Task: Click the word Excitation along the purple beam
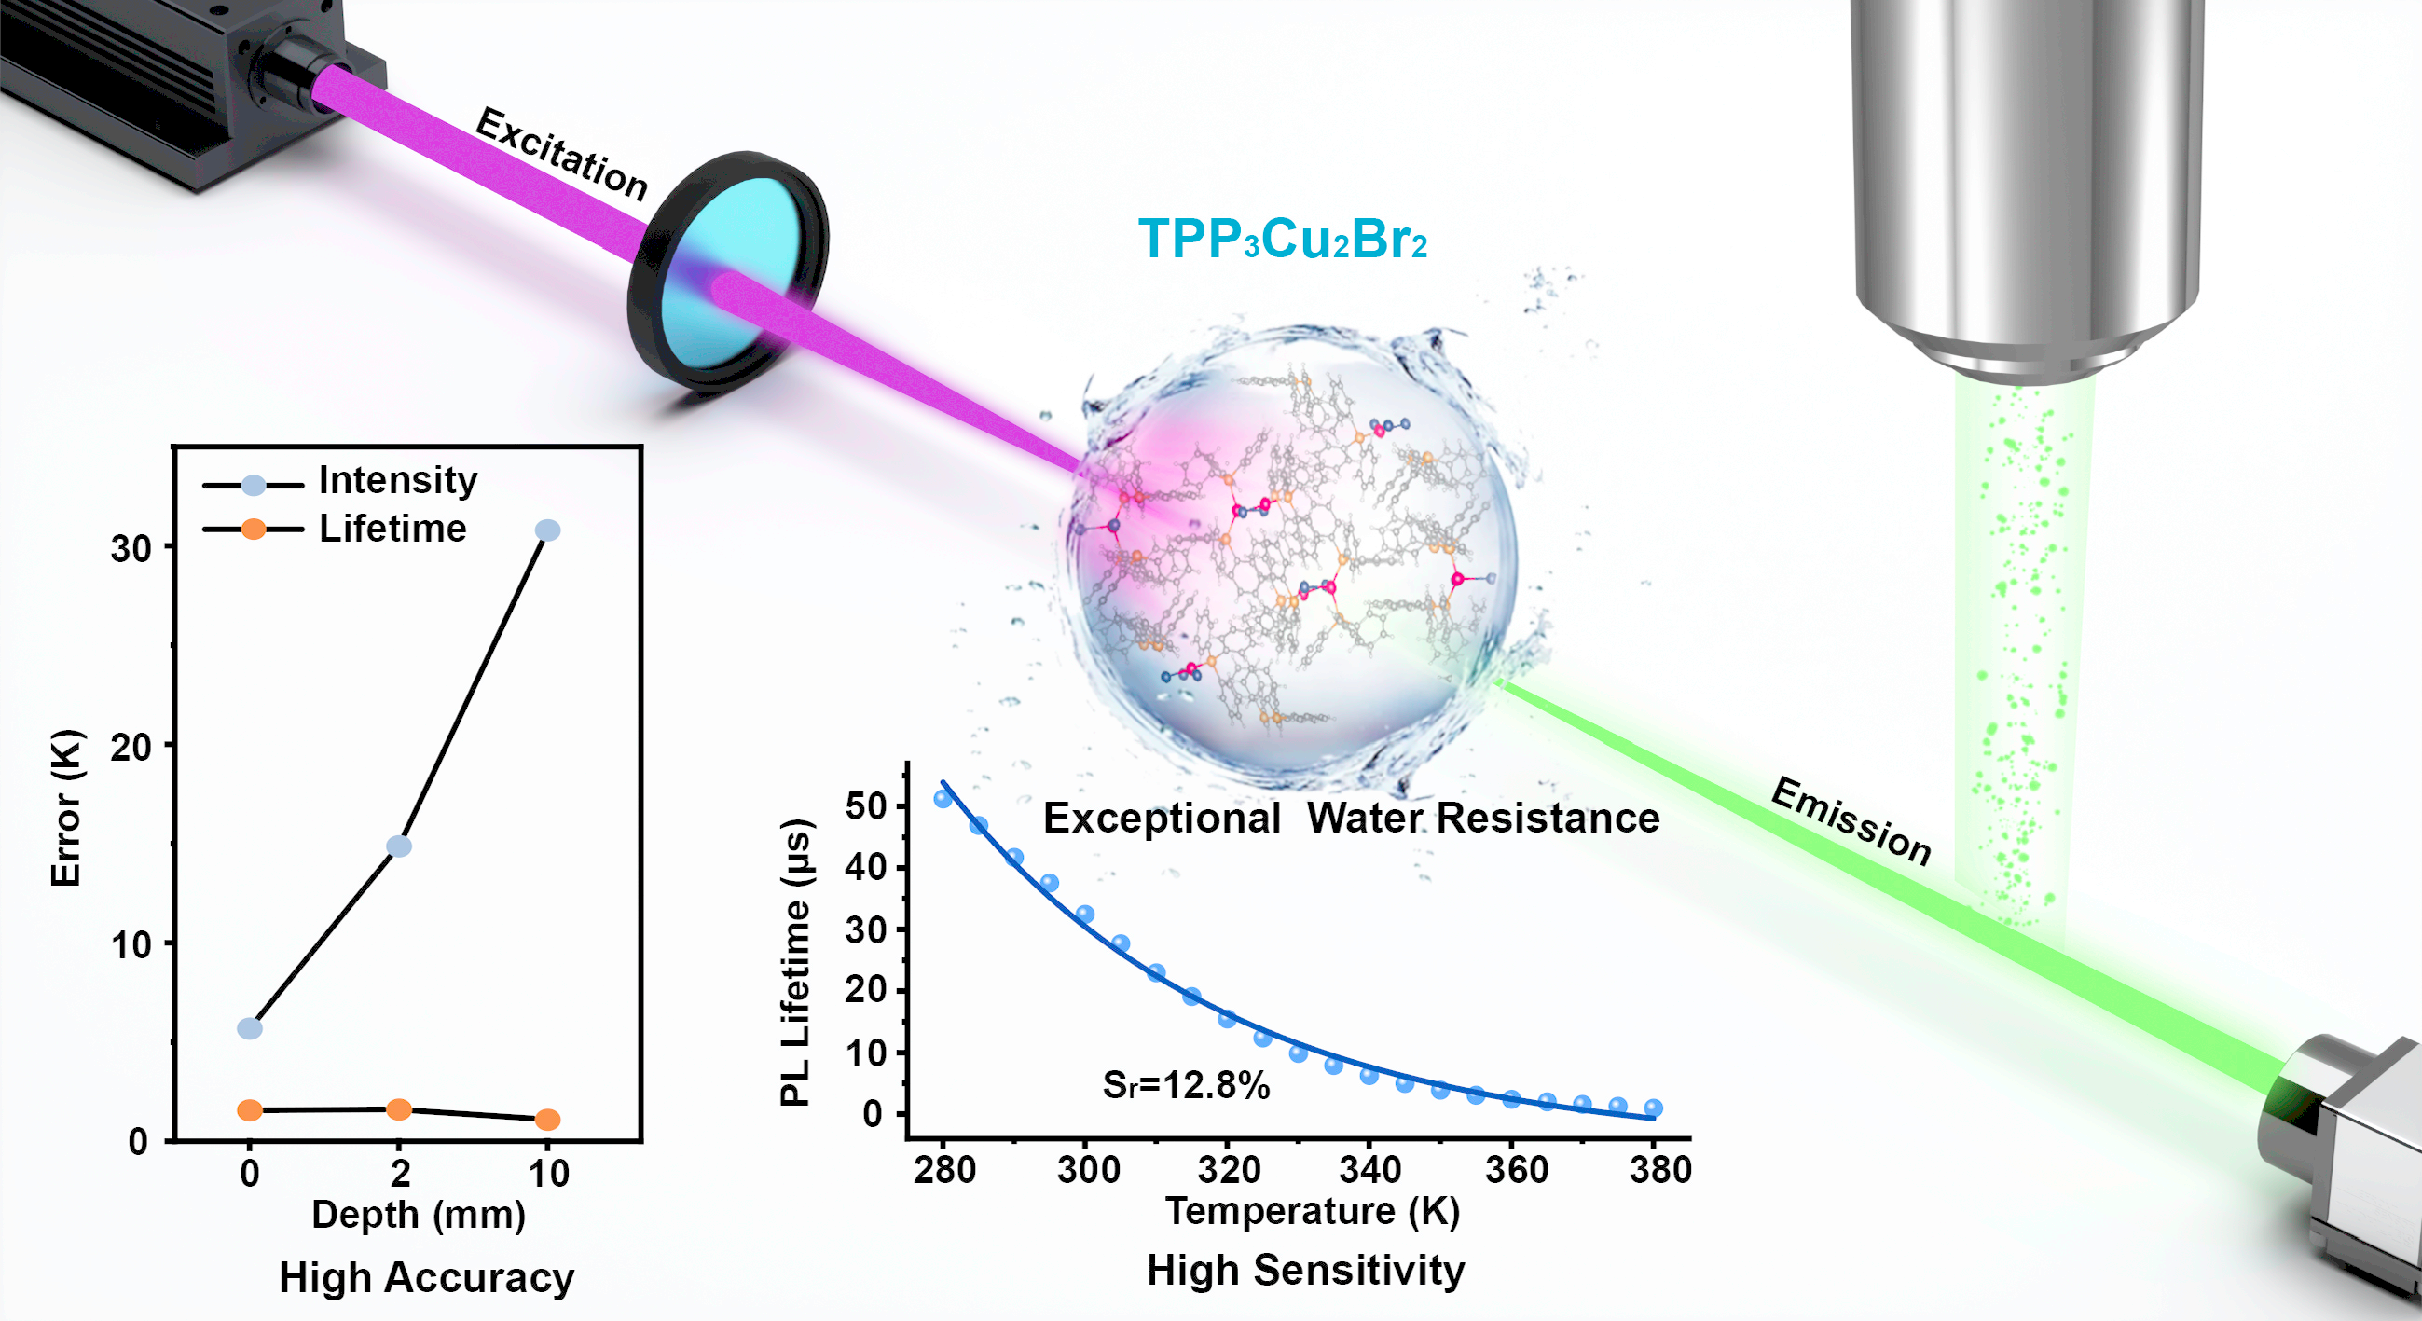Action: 562,154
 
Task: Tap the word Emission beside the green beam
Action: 1851,819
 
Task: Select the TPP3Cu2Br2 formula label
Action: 1283,239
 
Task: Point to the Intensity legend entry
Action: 397,480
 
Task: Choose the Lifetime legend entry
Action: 392,529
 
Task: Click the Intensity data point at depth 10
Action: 547,530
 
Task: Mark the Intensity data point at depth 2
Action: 399,846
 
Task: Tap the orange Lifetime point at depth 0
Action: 249,1110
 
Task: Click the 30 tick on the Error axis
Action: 131,548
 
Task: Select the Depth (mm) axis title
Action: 419,1214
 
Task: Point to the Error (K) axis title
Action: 66,807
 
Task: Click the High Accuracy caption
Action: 426,1278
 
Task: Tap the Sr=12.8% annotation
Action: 1186,1086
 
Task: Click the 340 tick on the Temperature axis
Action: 1369,1170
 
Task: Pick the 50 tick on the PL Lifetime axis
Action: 865,805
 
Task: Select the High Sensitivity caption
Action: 1305,1271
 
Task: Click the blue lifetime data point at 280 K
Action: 943,799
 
